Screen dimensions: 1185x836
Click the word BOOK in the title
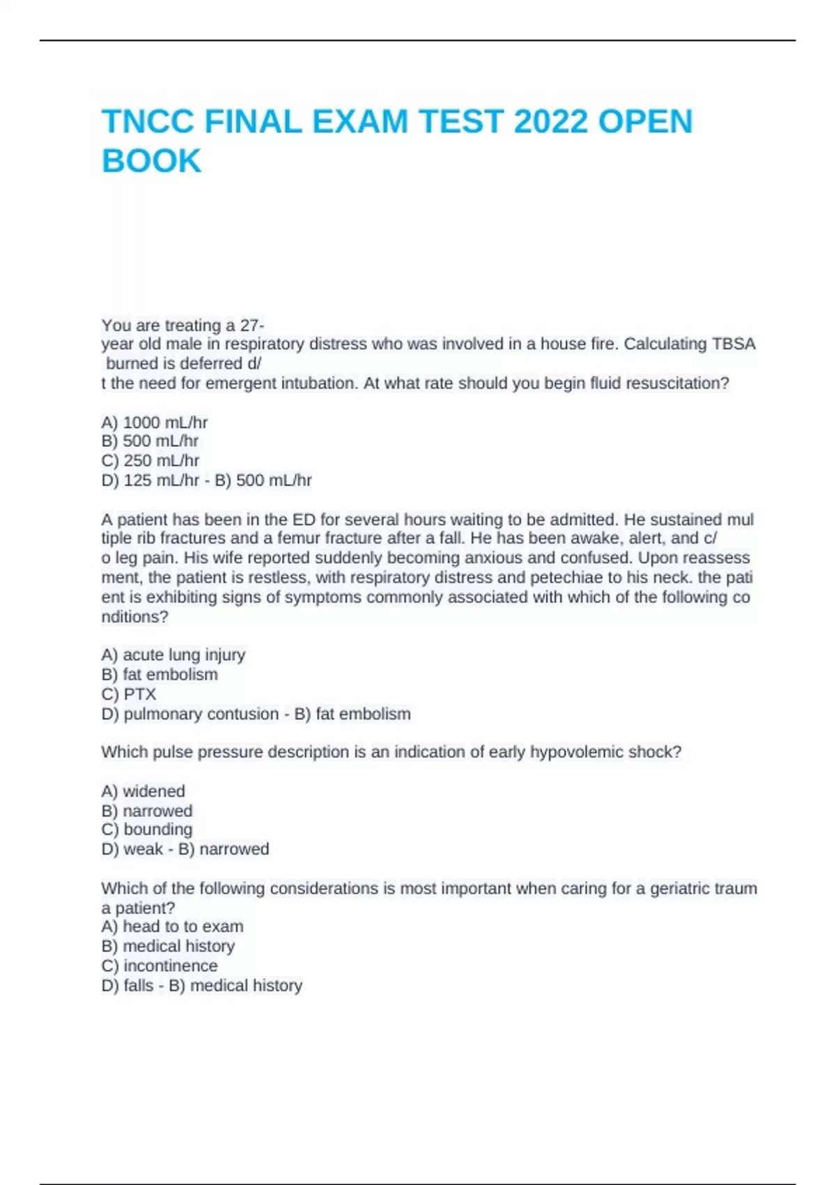151,161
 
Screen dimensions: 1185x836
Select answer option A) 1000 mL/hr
155,422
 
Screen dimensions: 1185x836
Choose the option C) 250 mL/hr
150,461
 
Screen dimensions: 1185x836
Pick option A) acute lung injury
173,655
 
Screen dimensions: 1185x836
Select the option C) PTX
129,694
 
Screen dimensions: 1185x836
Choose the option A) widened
144,791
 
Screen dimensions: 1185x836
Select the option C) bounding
147,829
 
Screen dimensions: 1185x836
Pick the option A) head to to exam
173,926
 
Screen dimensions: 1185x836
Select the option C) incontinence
160,965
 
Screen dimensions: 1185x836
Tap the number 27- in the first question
252,326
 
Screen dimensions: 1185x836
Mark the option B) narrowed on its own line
147,811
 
